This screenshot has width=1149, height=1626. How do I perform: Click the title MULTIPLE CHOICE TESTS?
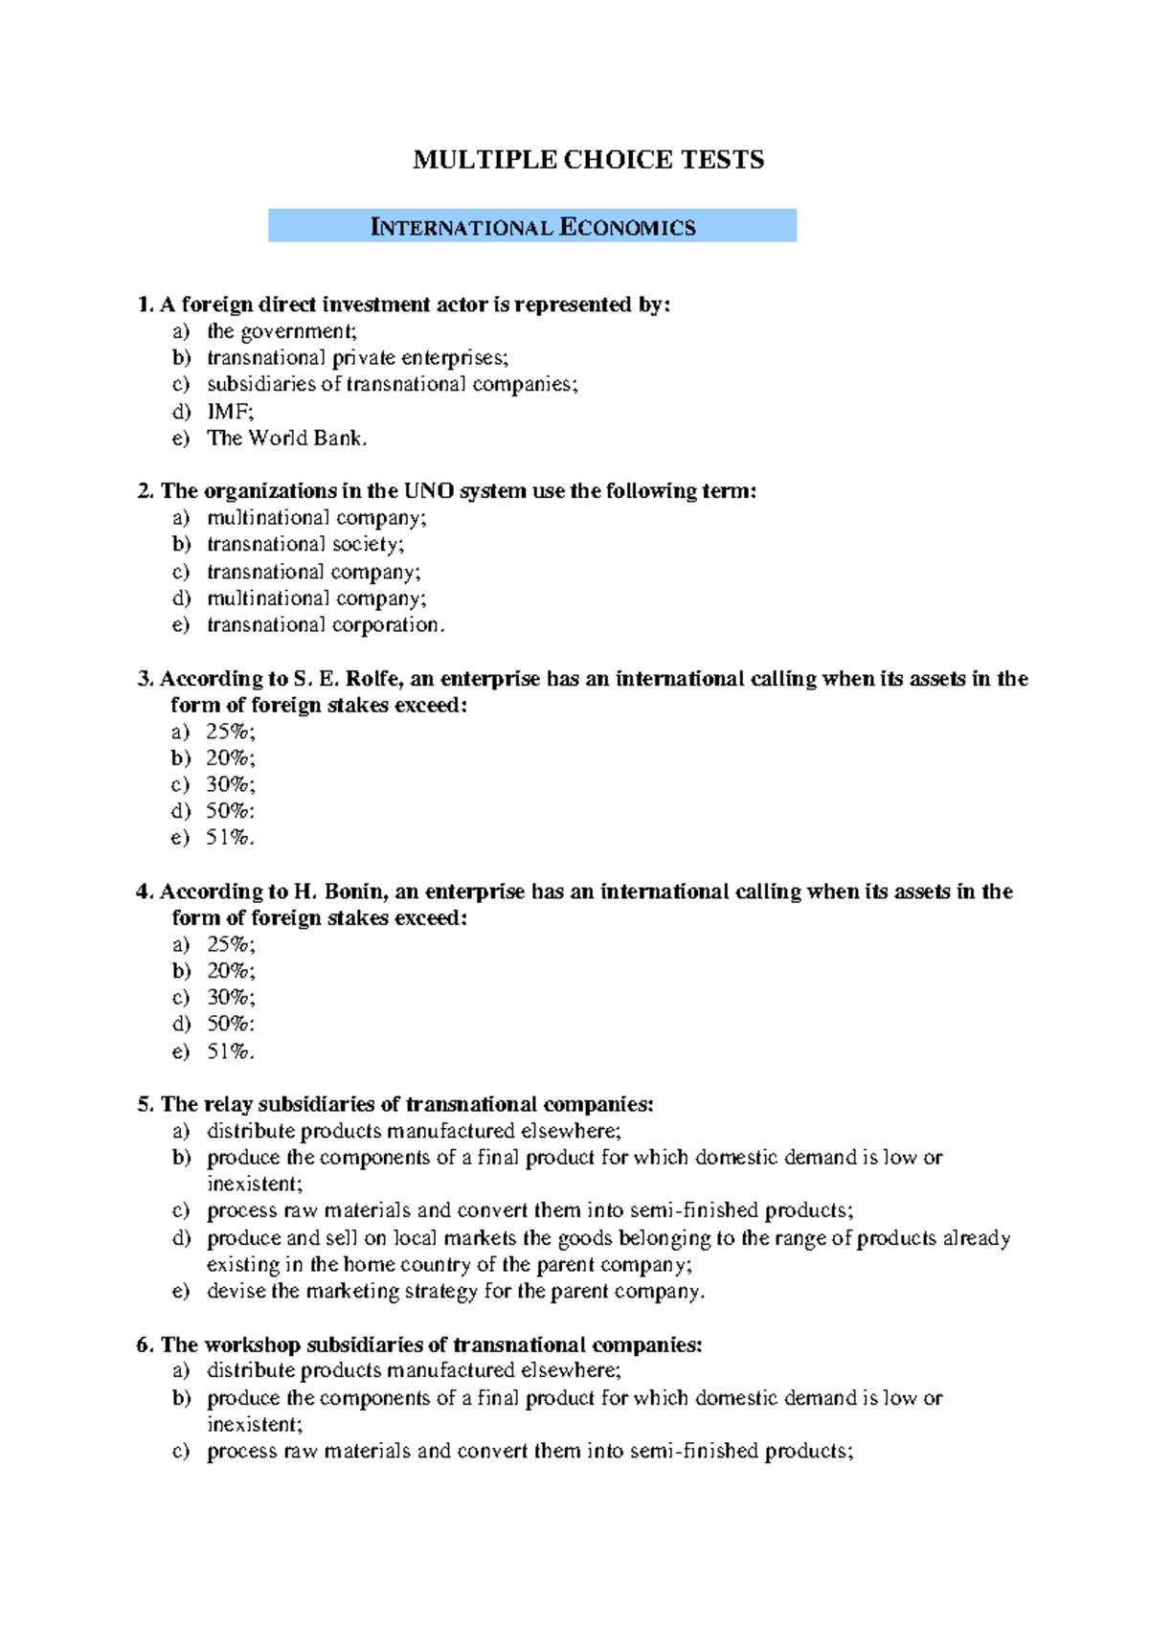(588, 160)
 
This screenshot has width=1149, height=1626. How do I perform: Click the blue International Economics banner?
(532, 227)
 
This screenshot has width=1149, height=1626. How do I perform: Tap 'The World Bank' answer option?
(286, 439)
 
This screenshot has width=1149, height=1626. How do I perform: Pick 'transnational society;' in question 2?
(305, 544)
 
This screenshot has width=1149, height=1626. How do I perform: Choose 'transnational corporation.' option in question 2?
(326, 624)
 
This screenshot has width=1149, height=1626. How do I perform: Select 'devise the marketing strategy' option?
(455, 1291)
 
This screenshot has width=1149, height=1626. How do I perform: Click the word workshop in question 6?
(252, 1344)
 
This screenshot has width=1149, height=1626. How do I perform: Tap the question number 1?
(145, 305)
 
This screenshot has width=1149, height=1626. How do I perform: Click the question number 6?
(145, 1344)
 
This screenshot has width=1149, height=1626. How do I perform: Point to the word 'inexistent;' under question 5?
(255, 1184)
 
